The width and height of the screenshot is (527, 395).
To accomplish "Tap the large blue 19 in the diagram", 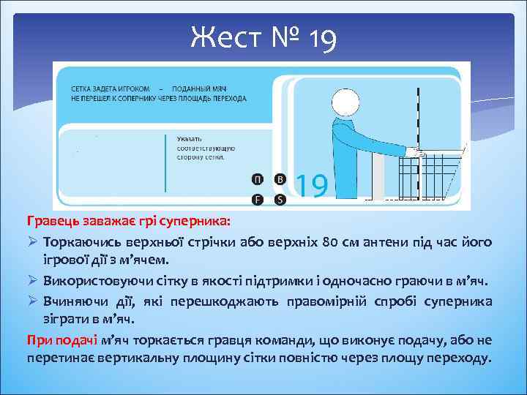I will point(310,186).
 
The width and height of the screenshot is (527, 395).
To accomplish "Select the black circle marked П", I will point(257,179).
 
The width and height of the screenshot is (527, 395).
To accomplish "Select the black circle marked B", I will point(279,179).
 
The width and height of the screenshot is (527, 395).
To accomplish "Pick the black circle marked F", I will point(257,199).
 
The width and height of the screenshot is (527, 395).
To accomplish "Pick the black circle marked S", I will point(279,199).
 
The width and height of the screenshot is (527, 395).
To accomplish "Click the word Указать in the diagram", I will point(189,137).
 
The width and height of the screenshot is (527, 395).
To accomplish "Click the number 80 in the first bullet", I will point(332,242).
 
